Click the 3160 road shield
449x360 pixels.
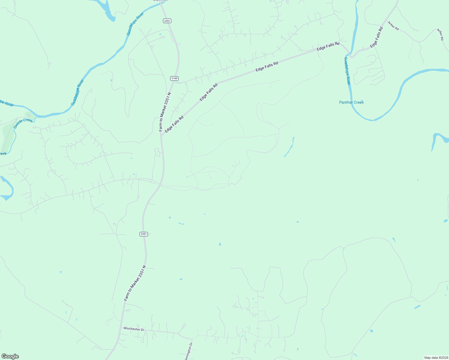click(174, 78)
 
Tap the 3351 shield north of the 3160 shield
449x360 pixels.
click(167, 21)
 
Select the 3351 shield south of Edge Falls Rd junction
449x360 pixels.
click(144, 234)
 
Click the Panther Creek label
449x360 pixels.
click(351, 102)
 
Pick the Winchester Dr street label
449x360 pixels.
click(134, 329)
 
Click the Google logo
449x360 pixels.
click(10, 356)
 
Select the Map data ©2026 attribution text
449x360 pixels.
click(436, 358)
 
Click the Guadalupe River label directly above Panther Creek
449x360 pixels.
click(347, 71)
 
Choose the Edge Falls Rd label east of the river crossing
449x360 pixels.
click(377, 37)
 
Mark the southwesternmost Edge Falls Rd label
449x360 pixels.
click(174, 124)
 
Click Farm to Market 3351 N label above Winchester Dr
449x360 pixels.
click(135, 283)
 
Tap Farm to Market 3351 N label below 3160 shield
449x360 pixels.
click(165, 112)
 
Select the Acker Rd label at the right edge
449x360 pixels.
click(440, 34)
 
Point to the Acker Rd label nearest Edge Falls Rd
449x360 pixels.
click(393, 26)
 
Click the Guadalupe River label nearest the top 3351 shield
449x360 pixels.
click(135, 24)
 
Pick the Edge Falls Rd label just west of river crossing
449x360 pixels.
click(328, 46)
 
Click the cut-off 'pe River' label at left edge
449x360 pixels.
click(7, 103)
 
